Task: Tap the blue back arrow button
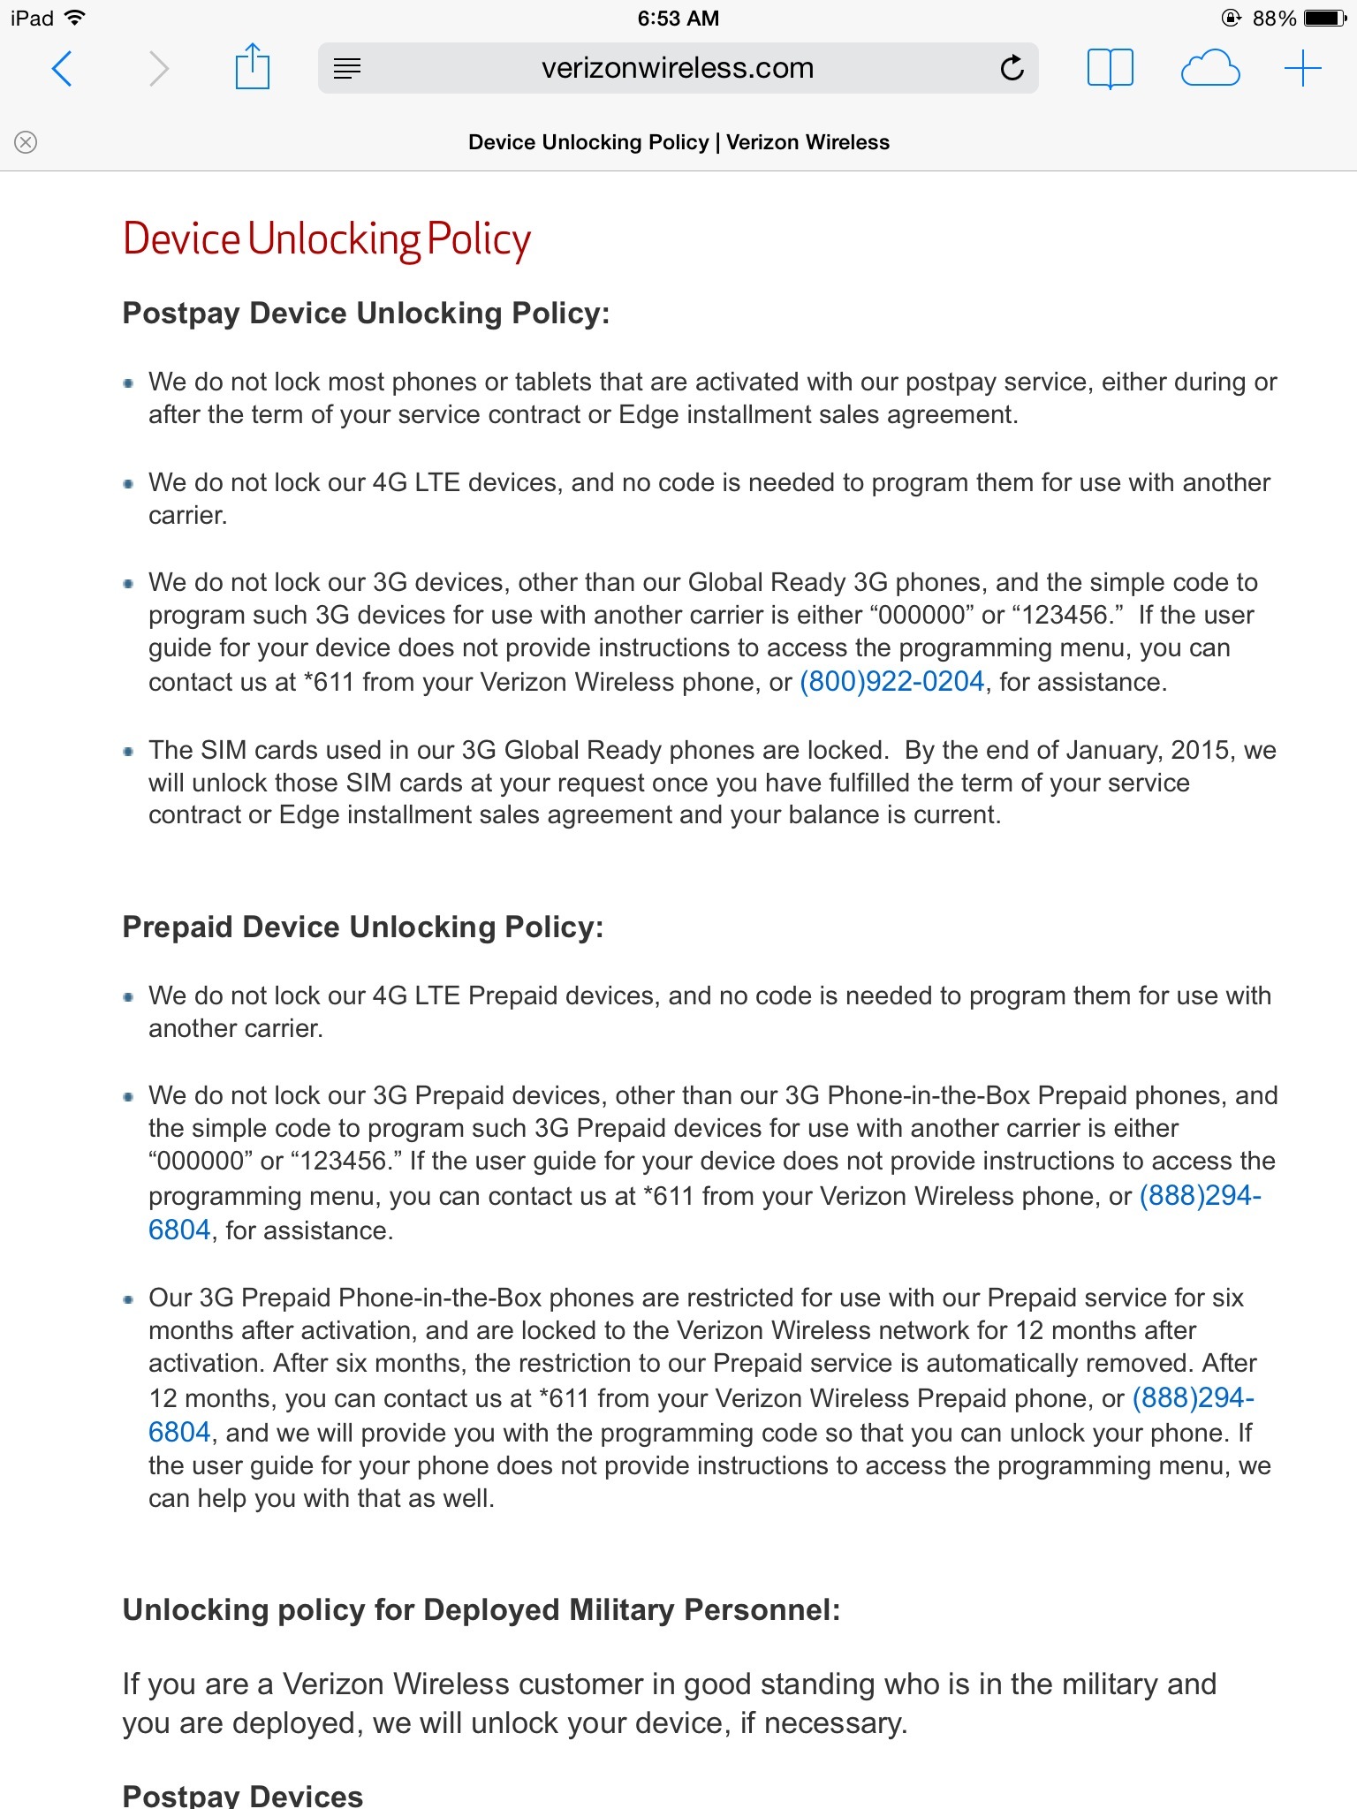[x=62, y=69]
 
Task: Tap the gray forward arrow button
[x=158, y=69]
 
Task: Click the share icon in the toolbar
[x=252, y=67]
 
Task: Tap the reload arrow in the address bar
[x=1012, y=68]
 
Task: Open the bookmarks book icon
[x=1110, y=68]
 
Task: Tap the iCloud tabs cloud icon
[x=1209, y=69]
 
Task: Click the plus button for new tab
[x=1302, y=69]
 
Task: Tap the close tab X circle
[x=27, y=142]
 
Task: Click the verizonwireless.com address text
[x=678, y=68]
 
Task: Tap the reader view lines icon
[x=347, y=68]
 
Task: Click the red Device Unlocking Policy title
[x=326, y=239]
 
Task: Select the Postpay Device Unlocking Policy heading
[x=366, y=314]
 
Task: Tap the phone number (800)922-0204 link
[x=891, y=682]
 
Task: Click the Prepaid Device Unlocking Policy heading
[x=362, y=927]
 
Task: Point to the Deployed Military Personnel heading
[x=481, y=1610]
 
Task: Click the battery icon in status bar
[x=1324, y=19]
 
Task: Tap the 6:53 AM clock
[x=678, y=19]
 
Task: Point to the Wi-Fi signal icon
[x=75, y=18]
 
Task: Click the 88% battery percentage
[x=1274, y=19]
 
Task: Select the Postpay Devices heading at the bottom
[x=242, y=1796]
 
